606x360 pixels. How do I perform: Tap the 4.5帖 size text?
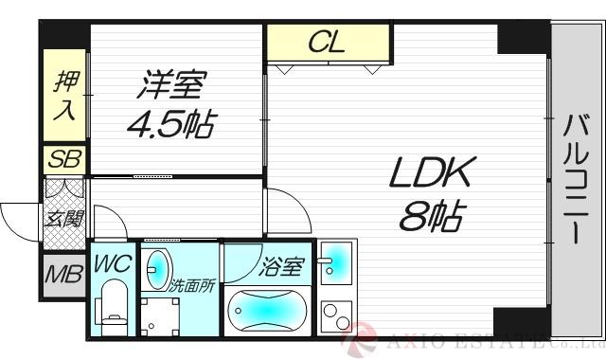click(x=170, y=124)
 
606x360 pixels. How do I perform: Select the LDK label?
click(x=427, y=176)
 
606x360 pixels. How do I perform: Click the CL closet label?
click(x=328, y=42)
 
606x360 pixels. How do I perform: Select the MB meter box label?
click(x=62, y=278)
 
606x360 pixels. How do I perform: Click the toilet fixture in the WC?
click(x=111, y=308)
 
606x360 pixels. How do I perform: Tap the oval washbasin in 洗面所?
click(x=157, y=268)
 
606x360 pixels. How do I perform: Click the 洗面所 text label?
click(x=193, y=283)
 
